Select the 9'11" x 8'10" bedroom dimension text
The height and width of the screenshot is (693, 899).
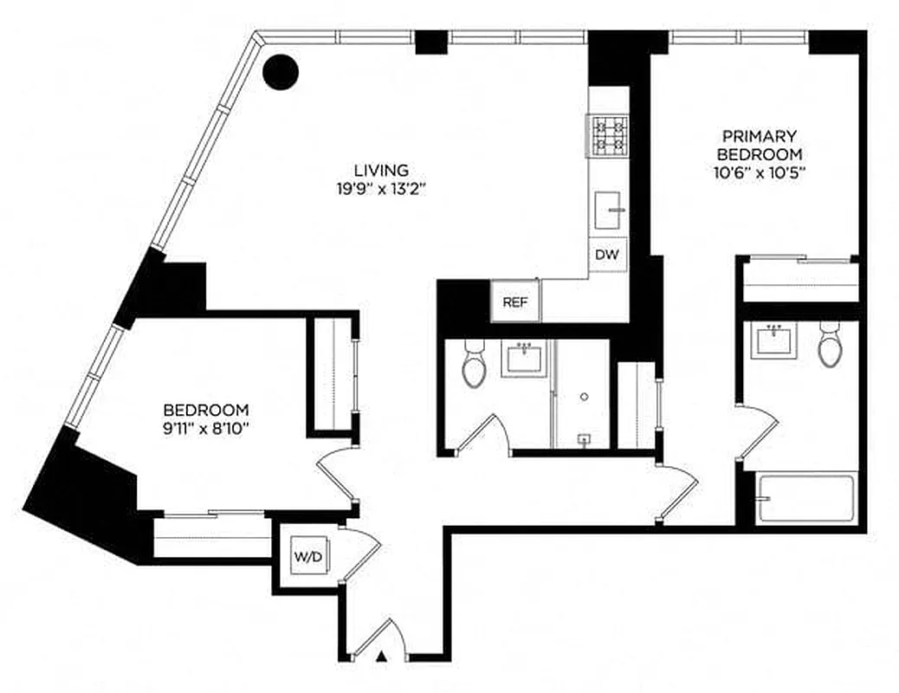point(207,427)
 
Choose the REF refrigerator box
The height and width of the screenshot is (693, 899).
point(515,302)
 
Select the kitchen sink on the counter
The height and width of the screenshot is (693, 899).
point(610,209)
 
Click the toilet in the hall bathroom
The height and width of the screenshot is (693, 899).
point(475,364)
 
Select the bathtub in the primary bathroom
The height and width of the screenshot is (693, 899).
point(806,498)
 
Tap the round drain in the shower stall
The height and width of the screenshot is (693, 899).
point(585,397)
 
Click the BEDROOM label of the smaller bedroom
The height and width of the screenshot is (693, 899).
point(207,409)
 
